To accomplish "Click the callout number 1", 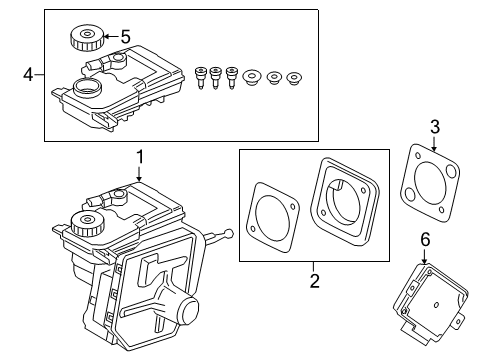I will click(141, 156).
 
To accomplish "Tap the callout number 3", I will click(433, 125).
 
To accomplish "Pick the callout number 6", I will click(424, 240).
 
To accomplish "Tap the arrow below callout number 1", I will click(141, 175).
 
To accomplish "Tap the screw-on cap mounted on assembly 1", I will click(85, 222).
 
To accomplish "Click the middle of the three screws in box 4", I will click(216, 77).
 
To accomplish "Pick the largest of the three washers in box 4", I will click(250, 76).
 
